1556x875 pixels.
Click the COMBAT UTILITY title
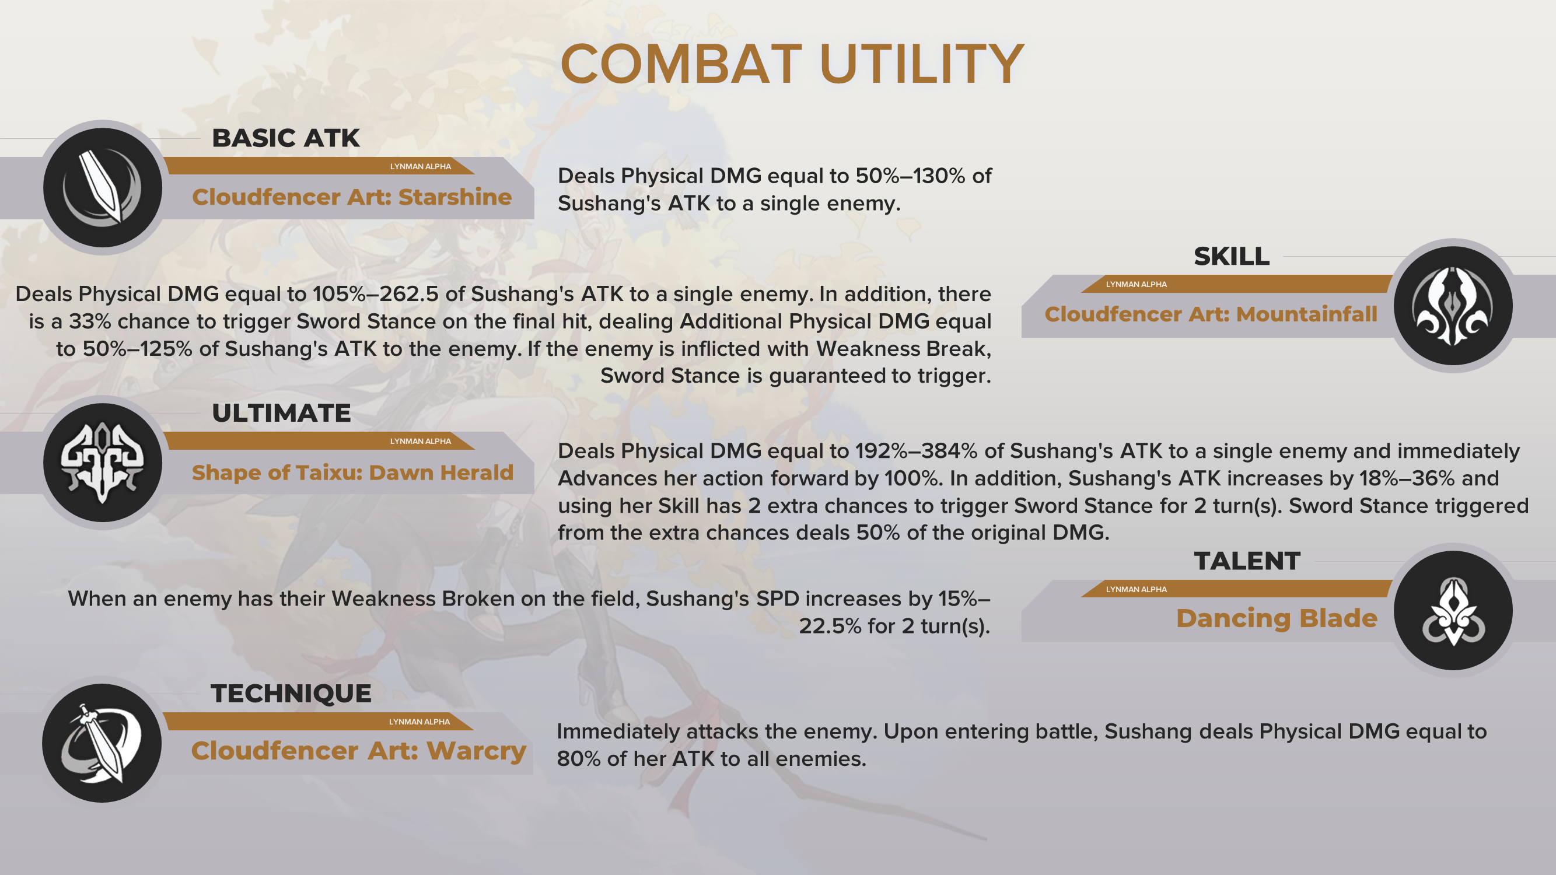[792, 64]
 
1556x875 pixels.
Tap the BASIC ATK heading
[286, 138]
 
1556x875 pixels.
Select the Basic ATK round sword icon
[103, 187]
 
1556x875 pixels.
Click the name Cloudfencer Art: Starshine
[352, 197]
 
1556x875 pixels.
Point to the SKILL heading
[1232, 257]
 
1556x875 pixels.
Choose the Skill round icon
[1453, 306]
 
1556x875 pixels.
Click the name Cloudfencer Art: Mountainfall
[1211, 314]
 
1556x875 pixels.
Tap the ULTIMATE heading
[281, 413]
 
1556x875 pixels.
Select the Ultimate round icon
[103, 463]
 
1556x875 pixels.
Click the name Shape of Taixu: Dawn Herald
[353, 473]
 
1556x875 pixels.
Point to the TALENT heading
[1247, 561]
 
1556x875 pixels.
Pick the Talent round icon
[1453, 611]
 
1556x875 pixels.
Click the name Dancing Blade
[1277, 618]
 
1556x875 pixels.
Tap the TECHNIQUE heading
[291, 693]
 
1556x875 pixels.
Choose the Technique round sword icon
[102, 743]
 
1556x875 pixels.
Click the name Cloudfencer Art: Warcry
[358, 751]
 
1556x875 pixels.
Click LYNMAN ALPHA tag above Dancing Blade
[1136, 589]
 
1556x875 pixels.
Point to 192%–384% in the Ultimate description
[917, 451]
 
